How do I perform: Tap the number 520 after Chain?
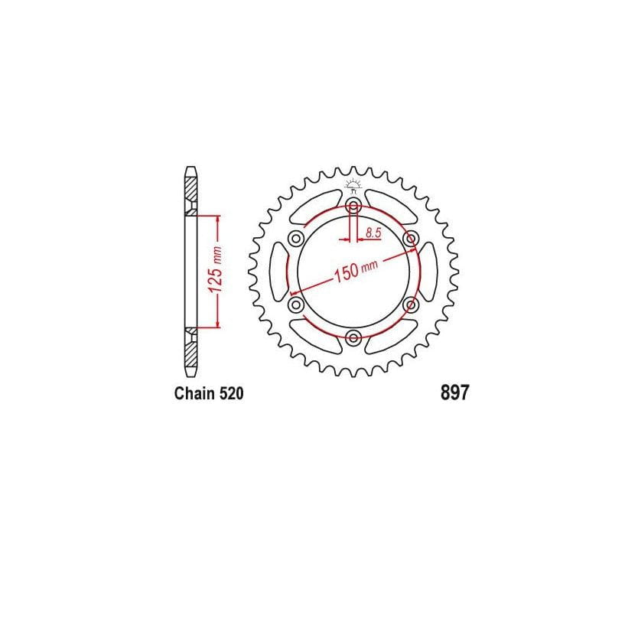point(231,395)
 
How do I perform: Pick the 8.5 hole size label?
point(373,233)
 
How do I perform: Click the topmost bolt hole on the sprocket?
point(353,206)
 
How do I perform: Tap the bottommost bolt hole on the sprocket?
point(353,337)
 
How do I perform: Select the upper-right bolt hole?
point(410,239)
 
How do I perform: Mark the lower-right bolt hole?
point(410,304)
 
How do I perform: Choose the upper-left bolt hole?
point(295,239)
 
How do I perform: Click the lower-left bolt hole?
point(295,304)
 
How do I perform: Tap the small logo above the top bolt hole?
point(353,184)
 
